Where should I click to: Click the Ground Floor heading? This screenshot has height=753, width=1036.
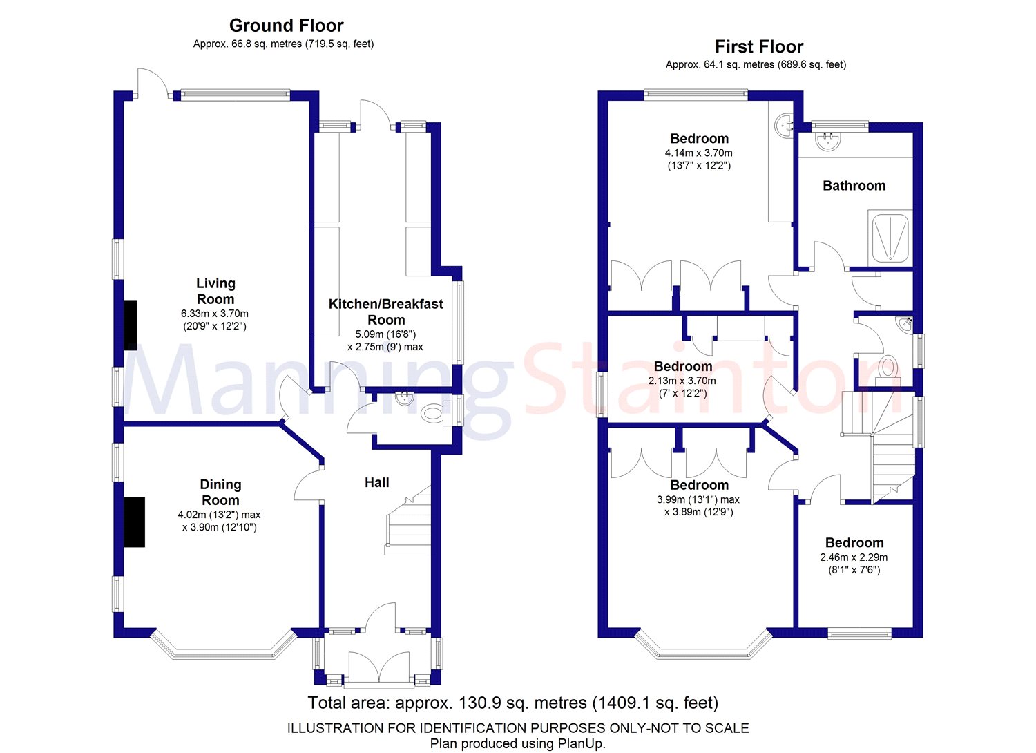[286, 26]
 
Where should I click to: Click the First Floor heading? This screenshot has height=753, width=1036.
[759, 47]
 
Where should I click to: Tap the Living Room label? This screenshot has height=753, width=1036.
[215, 291]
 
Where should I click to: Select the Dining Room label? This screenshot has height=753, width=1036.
[220, 492]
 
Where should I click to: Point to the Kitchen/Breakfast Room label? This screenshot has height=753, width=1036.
[385, 312]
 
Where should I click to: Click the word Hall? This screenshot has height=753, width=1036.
[377, 483]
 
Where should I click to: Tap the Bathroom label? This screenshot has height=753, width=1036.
[854, 186]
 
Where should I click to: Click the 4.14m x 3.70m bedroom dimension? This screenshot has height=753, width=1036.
[698, 153]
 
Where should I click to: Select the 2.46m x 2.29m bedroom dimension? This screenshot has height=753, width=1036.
[854, 557]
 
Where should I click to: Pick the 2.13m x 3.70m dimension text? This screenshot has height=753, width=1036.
[682, 381]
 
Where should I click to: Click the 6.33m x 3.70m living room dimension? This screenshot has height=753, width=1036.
[214, 314]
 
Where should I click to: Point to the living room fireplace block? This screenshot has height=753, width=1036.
[130, 325]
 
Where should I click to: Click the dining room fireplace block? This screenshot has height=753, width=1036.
[134, 522]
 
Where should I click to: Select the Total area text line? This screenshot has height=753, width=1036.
[512, 703]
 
